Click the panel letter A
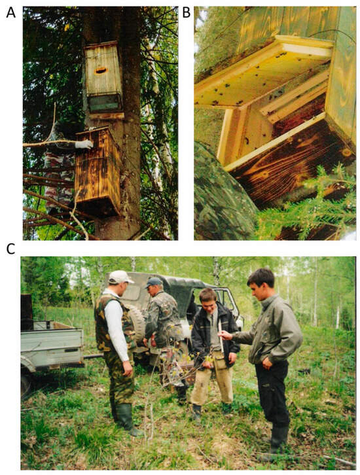(11, 12)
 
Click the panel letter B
(186, 12)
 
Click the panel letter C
(10, 249)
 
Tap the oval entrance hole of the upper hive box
(101, 71)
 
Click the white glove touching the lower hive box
(84, 144)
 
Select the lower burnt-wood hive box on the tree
(98, 171)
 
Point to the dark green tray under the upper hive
(104, 103)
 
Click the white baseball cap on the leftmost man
(120, 277)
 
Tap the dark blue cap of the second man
(153, 283)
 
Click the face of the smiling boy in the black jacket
(209, 300)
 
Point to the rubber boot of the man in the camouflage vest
(127, 419)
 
